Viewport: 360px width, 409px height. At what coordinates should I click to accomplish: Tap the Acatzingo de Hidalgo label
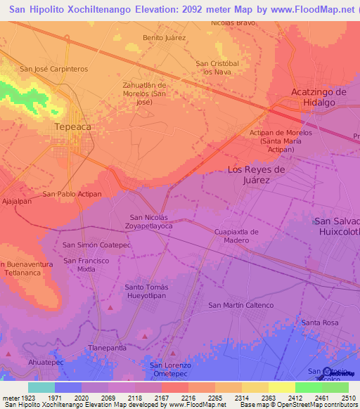tap(319, 97)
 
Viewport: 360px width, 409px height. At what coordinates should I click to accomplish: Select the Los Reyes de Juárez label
tap(256, 174)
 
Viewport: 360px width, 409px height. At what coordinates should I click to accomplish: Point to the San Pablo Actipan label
tap(72, 194)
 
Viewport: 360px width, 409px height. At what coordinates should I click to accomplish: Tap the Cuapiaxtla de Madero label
tap(236, 236)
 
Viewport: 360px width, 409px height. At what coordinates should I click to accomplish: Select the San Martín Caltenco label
tap(241, 305)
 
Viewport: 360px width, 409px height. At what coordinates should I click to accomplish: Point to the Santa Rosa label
tap(320, 323)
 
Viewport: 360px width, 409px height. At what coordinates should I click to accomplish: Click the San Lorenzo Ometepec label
tap(170, 370)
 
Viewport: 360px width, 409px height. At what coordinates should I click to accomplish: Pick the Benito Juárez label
tap(164, 37)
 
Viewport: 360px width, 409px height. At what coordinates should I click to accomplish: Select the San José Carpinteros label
tap(53, 69)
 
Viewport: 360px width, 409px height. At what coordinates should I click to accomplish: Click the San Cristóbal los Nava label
tap(217, 67)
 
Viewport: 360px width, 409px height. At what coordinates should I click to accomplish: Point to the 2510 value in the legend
tap(348, 398)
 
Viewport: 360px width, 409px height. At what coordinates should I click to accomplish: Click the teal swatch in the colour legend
tap(41, 387)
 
